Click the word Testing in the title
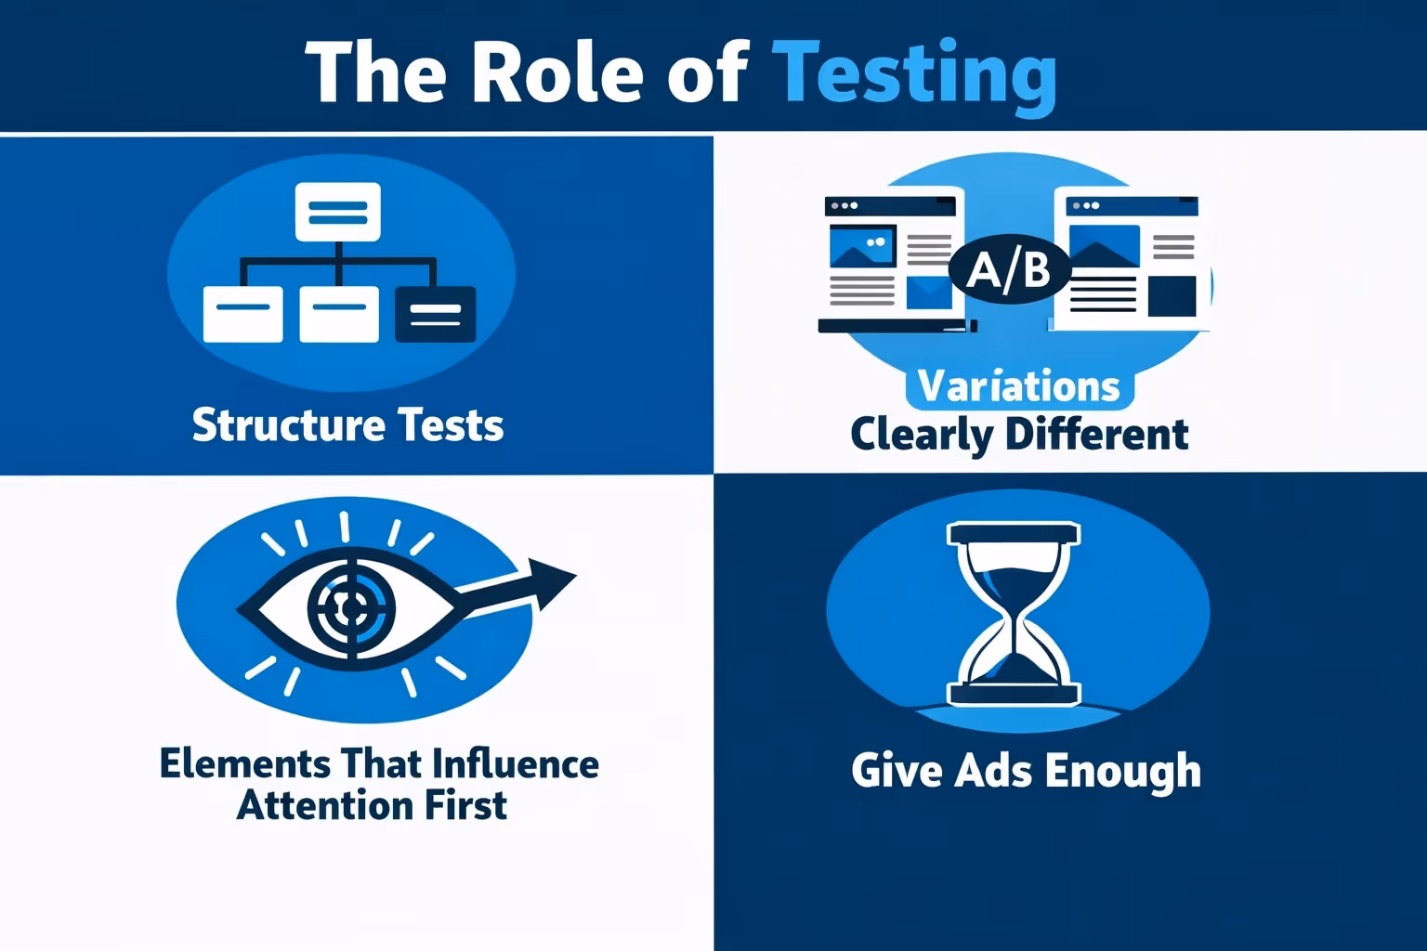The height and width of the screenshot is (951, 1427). pyautogui.click(x=914, y=74)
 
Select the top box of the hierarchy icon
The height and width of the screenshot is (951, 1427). pyautogui.click(x=337, y=212)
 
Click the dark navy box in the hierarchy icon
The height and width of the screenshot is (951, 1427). pyautogui.click(x=435, y=314)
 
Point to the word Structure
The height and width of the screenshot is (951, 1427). pyautogui.click(x=288, y=425)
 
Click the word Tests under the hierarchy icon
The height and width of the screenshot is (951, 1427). pyautogui.click(x=451, y=425)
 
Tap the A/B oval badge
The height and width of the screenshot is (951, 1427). pyautogui.click(x=1010, y=269)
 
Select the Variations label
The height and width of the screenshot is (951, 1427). pyautogui.click(x=1019, y=386)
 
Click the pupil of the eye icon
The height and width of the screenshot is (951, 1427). pyautogui.click(x=351, y=608)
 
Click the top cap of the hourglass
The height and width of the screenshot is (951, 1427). pyautogui.click(x=1013, y=534)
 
